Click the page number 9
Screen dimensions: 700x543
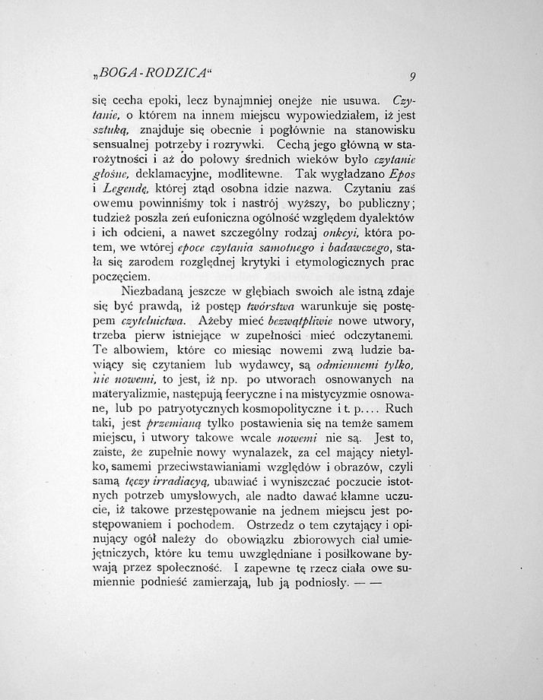click(x=411, y=75)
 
